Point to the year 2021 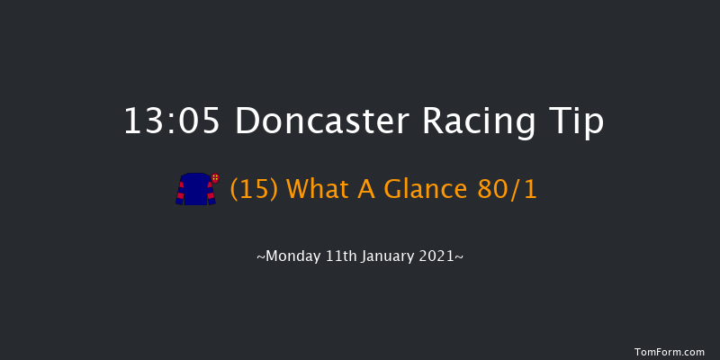click(442, 256)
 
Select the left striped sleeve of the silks click(180, 193)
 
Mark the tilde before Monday click(261, 256)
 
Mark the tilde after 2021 click(460, 256)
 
